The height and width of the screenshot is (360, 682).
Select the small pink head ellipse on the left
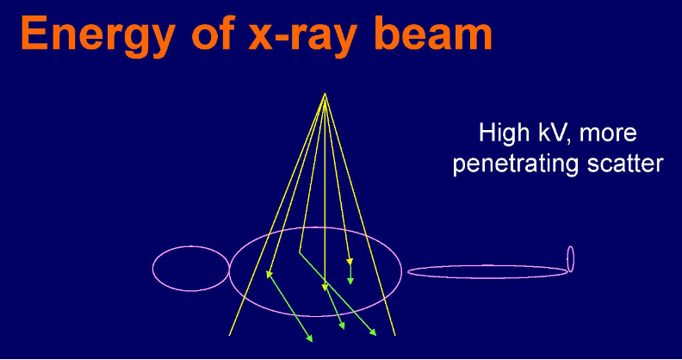point(191,268)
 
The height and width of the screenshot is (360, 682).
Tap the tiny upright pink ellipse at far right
point(570,258)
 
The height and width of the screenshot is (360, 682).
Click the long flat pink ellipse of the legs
point(487,271)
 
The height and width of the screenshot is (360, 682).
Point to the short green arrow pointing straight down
point(350,273)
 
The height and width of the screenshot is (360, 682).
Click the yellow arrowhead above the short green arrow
point(349,262)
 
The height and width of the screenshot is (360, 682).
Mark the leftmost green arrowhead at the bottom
point(310,338)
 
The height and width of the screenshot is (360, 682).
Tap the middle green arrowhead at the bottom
point(343,326)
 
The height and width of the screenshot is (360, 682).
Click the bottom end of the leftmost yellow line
point(229,334)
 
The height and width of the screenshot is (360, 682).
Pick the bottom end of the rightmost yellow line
point(395,334)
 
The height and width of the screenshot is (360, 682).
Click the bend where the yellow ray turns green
point(299,253)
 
